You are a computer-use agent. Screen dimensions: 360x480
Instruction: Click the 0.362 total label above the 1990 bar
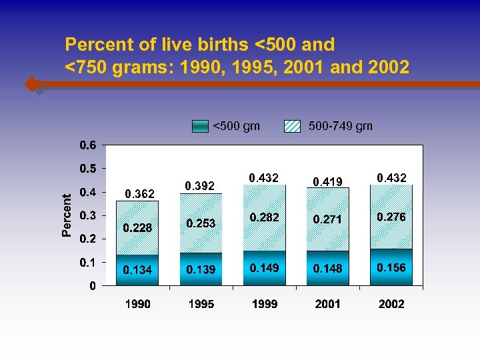[x=140, y=194]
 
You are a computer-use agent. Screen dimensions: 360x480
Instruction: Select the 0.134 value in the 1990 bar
[x=137, y=270]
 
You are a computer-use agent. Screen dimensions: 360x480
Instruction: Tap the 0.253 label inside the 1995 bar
[x=201, y=223]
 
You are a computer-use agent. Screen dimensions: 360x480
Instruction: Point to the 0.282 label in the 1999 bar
[x=264, y=218]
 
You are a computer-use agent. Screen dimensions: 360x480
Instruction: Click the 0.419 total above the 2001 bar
[x=327, y=180]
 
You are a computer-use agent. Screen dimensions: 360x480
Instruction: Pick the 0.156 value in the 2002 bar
[x=391, y=267]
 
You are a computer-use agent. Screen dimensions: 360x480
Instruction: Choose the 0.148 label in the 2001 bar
[x=327, y=269]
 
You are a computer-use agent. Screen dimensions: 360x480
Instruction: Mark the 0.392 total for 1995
[x=199, y=186]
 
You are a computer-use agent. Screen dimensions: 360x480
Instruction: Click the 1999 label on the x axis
[x=264, y=304]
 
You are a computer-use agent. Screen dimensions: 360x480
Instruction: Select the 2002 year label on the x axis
[x=391, y=304]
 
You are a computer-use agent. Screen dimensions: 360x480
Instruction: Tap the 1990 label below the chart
[x=137, y=304]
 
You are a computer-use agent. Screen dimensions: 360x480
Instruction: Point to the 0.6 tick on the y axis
[x=88, y=145]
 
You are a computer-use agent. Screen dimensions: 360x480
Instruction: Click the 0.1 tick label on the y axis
[x=88, y=262]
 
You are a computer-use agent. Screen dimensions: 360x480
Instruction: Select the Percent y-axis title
[x=67, y=215]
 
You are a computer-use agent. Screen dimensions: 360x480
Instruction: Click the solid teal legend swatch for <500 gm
[x=200, y=126]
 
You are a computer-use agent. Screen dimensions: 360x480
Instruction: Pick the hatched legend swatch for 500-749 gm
[x=293, y=126]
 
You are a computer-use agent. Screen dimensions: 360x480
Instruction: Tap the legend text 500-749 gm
[x=341, y=126]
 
